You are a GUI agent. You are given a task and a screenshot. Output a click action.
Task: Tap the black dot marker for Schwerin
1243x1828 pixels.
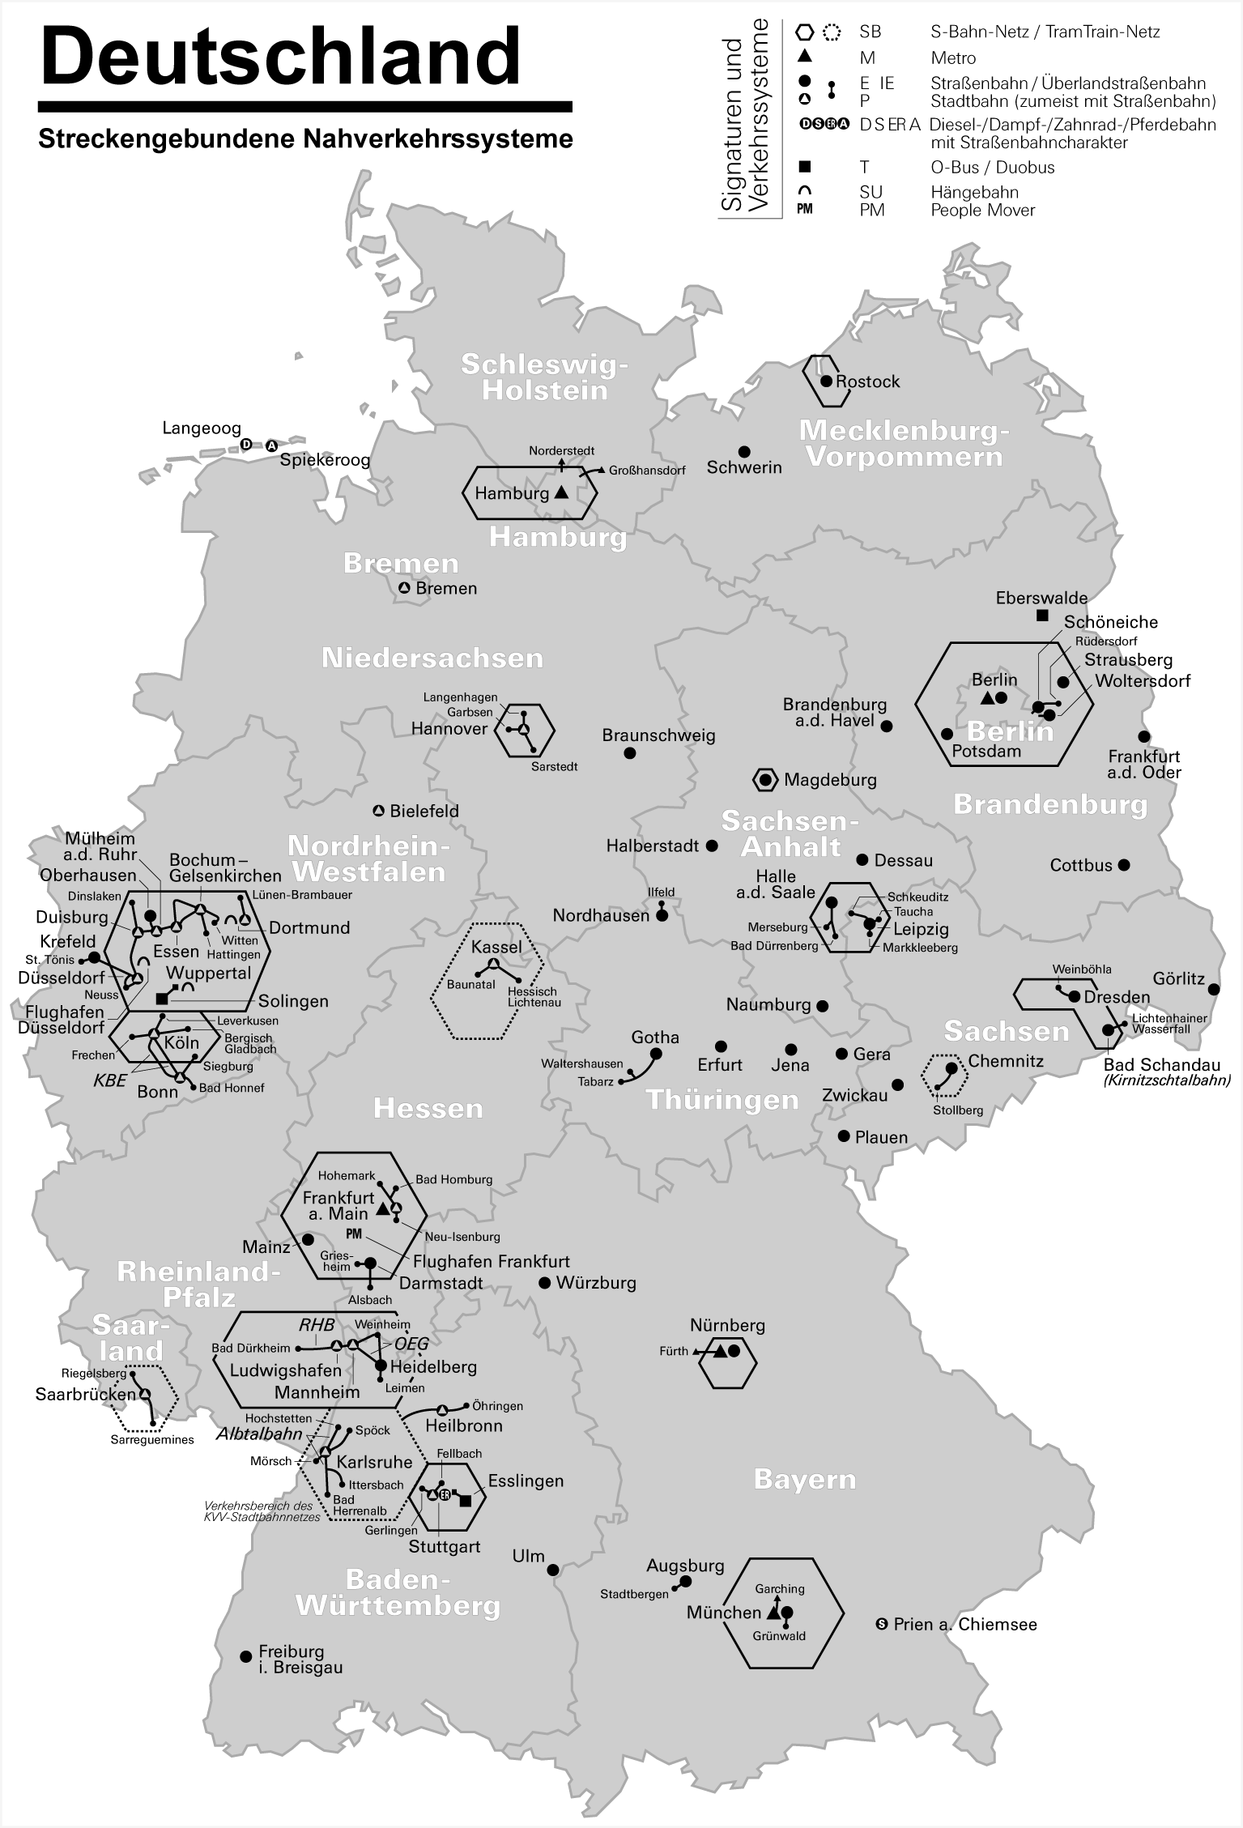pyautogui.click(x=743, y=451)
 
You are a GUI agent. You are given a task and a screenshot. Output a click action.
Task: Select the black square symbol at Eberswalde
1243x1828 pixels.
pyautogui.click(x=1042, y=616)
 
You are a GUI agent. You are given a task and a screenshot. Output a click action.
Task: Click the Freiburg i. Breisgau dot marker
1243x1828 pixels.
pyautogui.click(x=246, y=1656)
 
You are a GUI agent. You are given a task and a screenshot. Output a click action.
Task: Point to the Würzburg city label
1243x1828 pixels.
pyautogui.click(x=596, y=1283)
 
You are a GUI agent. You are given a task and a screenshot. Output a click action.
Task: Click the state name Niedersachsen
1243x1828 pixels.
pyautogui.click(x=432, y=658)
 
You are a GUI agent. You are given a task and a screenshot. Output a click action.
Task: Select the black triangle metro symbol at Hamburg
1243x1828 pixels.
pyautogui.click(x=561, y=492)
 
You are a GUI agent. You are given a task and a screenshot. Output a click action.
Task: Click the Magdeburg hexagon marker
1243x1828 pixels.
pyautogui.click(x=765, y=780)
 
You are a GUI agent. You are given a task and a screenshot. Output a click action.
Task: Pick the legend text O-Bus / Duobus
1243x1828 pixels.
pyautogui.click(x=992, y=168)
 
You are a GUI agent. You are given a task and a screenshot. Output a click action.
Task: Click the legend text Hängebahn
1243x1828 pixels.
pyautogui.click(x=974, y=193)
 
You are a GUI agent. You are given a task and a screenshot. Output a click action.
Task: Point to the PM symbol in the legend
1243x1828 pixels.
pyautogui.click(x=804, y=210)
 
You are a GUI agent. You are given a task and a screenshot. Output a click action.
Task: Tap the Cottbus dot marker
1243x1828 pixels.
pyautogui.click(x=1123, y=865)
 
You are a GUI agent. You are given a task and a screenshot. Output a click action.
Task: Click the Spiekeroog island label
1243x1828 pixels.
pyautogui.click(x=325, y=460)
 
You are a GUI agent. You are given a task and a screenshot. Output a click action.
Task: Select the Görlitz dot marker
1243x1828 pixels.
pyautogui.click(x=1213, y=989)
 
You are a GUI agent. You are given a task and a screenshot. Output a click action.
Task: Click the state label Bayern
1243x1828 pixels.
pyautogui.click(x=804, y=1479)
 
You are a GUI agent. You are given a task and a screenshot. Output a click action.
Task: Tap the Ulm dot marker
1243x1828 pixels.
pyautogui.click(x=554, y=1570)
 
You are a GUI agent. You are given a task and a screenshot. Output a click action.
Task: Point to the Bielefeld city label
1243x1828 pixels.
pyautogui.click(x=424, y=811)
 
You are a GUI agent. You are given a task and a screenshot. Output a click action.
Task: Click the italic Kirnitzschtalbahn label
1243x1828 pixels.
pyautogui.click(x=1167, y=1080)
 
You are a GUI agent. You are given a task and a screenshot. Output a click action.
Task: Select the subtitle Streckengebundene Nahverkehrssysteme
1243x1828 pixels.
pyautogui.click(x=305, y=138)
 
